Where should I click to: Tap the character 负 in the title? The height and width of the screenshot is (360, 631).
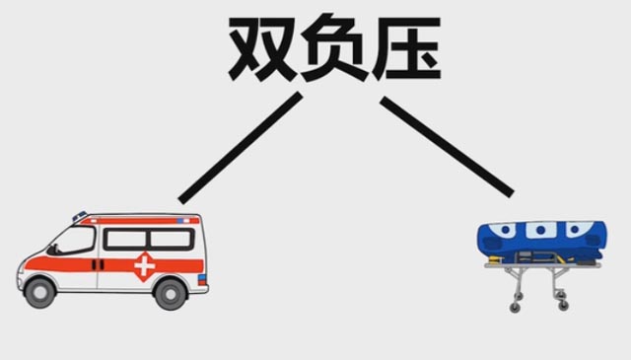(333, 47)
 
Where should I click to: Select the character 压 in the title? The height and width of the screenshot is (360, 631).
(406, 48)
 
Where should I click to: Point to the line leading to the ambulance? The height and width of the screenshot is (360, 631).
(241, 148)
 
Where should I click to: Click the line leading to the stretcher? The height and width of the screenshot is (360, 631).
(447, 147)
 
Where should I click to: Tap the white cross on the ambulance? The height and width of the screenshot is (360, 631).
(145, 266)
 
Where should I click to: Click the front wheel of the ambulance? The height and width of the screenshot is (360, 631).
(39, 293)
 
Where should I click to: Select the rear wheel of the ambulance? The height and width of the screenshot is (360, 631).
(171, 294)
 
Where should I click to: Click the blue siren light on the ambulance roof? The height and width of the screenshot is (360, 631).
(80, 216)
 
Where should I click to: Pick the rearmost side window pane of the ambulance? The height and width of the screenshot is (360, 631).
(171, 239)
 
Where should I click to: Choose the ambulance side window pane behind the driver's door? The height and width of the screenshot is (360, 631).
(126, 239)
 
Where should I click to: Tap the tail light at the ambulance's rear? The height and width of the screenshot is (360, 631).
(202, 279)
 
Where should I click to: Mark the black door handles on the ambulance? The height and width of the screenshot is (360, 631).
(98, 265)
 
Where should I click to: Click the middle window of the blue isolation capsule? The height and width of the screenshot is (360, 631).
(541, 231)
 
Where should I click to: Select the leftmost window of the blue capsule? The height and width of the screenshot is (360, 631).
(504, 230)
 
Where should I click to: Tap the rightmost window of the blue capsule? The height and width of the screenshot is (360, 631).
(578, 229)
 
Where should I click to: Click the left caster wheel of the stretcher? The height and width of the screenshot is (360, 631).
(515, 308)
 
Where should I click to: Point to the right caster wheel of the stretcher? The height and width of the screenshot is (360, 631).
(563, 306)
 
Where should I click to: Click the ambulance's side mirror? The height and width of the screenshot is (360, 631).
(51, 250)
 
